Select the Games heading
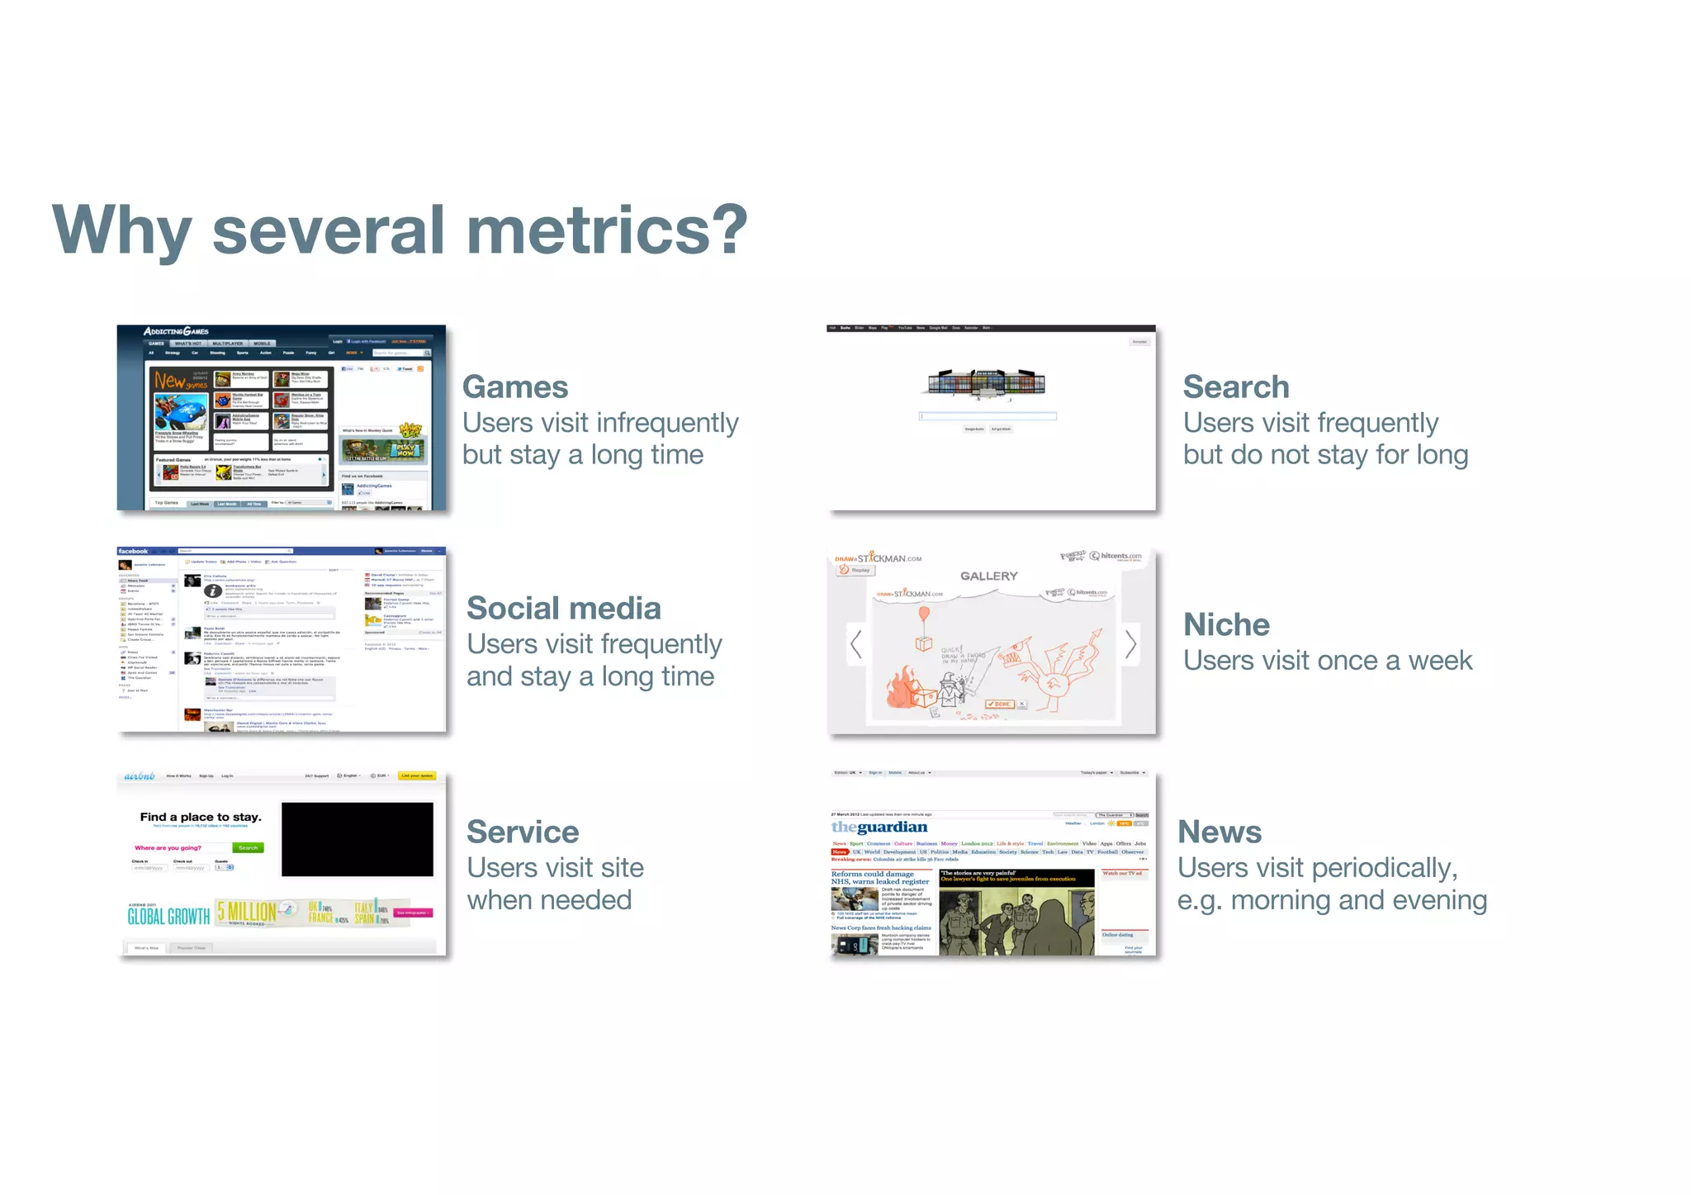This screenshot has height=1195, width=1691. click(x=514, y=387)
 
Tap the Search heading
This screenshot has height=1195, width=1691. click(x=1235, y=387)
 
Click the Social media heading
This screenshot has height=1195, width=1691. click(x=563, y=609)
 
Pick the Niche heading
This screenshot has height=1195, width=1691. click(x=1226, y=625)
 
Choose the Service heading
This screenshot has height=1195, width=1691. click(x=522, y=832)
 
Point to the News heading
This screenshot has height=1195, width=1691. click(x=1219, y=832)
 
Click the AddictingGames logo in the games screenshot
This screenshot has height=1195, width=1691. click(x=176, y=331)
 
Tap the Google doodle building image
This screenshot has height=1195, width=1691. click(x=986, y=382)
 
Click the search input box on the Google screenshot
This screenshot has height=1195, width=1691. click(x=988, y=416)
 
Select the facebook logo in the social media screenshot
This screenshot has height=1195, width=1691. click(x=133, y=551)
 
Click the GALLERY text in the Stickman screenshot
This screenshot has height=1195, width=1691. click(x=988, y=576)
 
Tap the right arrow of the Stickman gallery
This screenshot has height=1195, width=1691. click(x=1130, y=644)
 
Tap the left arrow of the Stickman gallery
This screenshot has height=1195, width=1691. click(x=856, y=644)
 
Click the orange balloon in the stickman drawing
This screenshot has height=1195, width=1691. click(x=924, y=614)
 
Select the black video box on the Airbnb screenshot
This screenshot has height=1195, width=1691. click(x=357, y=839)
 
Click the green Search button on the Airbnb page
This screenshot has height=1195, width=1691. click(x=248, y=848)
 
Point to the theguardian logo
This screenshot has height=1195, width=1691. click(x=879, y=827)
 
